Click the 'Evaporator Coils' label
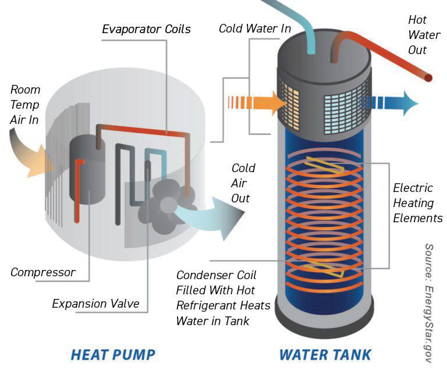(145, 29)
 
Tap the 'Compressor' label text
(43, 272)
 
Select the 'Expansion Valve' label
(96, 303)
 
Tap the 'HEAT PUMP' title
(113, 354)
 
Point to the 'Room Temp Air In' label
(26, 104)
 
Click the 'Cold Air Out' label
(243, 183)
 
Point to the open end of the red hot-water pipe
(428, 77)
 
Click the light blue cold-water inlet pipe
(291, 23)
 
